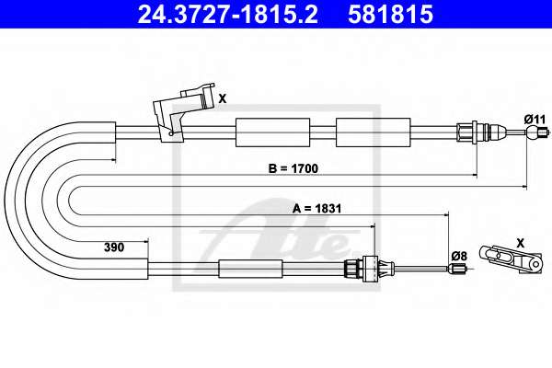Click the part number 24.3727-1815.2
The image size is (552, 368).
click(227, 14)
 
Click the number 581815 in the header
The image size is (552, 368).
click(390, 14)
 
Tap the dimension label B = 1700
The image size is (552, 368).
click(293, 168)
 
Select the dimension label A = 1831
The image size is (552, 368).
click(316, 209)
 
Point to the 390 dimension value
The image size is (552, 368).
click(114, 247)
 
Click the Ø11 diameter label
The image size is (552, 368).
click(535, 120)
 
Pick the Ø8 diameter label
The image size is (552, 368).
click(459, 256)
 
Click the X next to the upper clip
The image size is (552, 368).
click(223, 99)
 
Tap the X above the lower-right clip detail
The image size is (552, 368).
click(521, 243)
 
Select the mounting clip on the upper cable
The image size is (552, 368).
click(183, 112)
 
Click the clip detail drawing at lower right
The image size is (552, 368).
click(511, 259)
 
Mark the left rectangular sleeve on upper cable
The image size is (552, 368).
click(273, 132)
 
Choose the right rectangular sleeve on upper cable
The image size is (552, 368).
click(374, 132)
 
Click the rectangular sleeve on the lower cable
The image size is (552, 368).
click(250, 269)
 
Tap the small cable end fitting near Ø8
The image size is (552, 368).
click(457, 269)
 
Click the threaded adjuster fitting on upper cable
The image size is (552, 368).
click(481, 132)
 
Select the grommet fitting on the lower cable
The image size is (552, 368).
click(370, 269)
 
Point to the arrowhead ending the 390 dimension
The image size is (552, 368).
click(145, 242)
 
